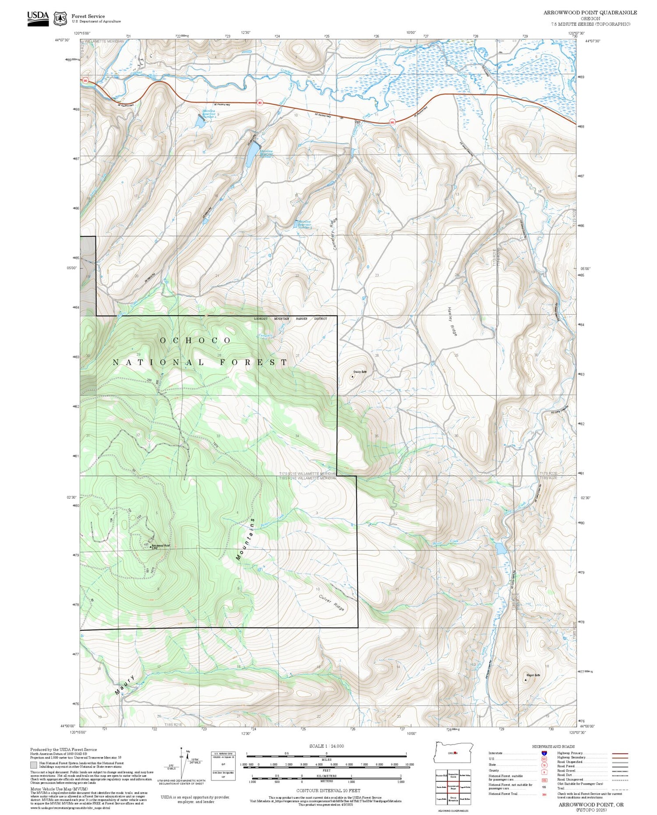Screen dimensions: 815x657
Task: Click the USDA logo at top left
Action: point(38,18)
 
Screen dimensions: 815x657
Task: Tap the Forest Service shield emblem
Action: point(60,19)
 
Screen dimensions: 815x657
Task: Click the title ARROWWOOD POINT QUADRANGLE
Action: point(590,13)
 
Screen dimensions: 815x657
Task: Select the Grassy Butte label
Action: point(360,372)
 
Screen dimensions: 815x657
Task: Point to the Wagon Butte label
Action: point(532,675)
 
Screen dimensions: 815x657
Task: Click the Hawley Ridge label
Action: point(452,321)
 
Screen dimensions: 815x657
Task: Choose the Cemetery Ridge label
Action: point(334,234)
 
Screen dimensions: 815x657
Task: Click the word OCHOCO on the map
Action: point(195,340)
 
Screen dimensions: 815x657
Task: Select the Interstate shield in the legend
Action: point(544,753)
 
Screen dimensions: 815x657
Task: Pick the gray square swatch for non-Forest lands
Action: point(34,765)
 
